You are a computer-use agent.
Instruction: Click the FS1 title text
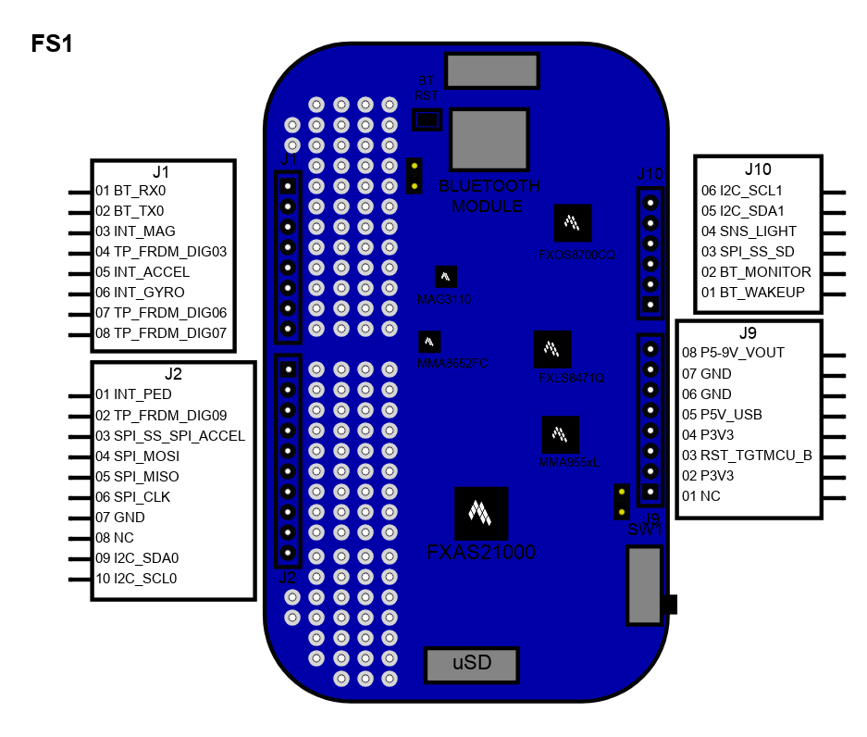52,44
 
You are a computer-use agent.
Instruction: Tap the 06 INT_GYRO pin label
140,293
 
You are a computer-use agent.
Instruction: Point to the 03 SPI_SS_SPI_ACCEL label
170,435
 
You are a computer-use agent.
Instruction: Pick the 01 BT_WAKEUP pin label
752,293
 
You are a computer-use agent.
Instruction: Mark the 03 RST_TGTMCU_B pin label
747,456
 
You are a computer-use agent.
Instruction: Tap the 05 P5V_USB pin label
722,415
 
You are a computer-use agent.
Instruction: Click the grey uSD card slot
471,664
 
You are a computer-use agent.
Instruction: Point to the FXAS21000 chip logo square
481,513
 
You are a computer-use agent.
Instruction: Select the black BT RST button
427,119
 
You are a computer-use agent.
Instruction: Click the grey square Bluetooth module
489,139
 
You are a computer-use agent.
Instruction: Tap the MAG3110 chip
446,277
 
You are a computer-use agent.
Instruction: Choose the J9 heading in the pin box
749,332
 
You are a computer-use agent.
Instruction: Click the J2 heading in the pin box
173,374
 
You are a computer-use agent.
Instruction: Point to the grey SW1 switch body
644,584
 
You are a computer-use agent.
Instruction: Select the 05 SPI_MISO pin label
137,476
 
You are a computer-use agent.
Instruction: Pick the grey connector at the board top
491,69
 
